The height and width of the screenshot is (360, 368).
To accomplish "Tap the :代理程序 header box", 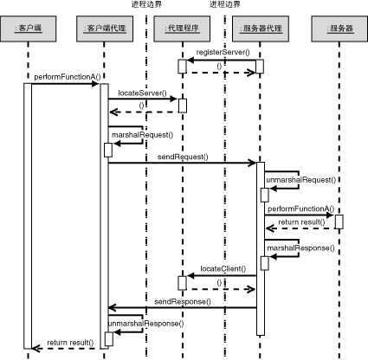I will click(182, 28).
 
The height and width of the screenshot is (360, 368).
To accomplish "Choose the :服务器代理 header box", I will click(258, 28).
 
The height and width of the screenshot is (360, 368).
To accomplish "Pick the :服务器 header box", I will click(339, 28).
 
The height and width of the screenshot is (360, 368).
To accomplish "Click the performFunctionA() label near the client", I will click(62, 78).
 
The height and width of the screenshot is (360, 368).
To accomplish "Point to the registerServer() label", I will click(223, 54).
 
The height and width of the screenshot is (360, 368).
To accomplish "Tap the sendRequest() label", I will click(182, 157).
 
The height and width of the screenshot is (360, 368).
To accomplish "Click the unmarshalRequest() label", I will click(300, 179).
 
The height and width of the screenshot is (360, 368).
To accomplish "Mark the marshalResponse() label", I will click(299, 247).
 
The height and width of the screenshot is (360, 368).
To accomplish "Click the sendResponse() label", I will click(182, 301).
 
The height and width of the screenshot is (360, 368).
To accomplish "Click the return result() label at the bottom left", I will click(70, 344).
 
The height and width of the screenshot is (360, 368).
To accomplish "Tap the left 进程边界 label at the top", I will click(146, 5).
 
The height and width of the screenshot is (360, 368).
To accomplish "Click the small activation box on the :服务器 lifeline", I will click(339, 221).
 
